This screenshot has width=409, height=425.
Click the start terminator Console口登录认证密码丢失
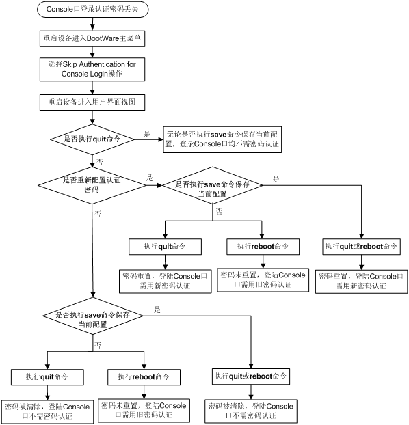click(93, 10)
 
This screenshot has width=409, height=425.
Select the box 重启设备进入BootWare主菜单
click(92, 38)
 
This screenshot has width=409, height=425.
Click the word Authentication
click(102, 64)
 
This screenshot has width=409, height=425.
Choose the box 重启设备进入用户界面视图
click(92, 102)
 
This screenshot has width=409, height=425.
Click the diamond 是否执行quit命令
click(92, 139)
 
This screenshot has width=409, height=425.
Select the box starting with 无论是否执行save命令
click(222, 139)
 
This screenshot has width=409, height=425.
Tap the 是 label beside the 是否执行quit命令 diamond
click(147, 134)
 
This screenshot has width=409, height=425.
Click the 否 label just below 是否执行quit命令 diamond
click(100, 163)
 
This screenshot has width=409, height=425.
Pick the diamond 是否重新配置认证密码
click(92, 185)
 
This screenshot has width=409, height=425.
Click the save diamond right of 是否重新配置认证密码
click(213, 185)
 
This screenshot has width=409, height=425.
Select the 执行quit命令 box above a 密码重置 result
click(165, 247)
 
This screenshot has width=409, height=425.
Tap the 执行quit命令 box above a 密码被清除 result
click(47, 377)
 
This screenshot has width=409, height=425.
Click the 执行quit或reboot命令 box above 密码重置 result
click(361, 247)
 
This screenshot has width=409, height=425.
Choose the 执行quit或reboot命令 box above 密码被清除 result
click(251, 376)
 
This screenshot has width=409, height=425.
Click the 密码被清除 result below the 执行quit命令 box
click(47, 412)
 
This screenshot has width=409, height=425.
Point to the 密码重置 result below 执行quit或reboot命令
click(361, 282)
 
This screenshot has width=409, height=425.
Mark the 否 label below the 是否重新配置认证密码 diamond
click(98, 215)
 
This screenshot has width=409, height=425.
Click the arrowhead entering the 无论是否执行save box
click(161, 139)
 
